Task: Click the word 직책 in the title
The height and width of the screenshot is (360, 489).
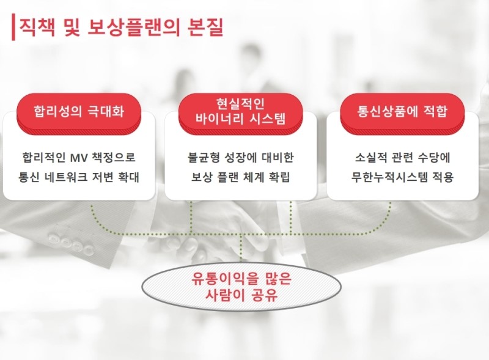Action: click(x=37, y=28)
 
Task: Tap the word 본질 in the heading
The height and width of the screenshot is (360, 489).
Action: click(x=205, y=28)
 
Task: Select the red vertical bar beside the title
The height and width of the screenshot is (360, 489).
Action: click(x=13, y=27)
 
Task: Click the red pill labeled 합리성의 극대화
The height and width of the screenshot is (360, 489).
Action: click(x=79, y=114)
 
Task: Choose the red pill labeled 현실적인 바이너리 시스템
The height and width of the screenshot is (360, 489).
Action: click(x=240, y=114)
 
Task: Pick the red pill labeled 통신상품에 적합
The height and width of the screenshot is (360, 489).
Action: click(x=402, y=114)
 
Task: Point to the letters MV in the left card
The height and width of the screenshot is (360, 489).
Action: click(x=79, y=158)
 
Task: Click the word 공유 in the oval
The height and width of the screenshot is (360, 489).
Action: click(x=265, y=295)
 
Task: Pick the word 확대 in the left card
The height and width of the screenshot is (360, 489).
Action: click(x=128, y=177)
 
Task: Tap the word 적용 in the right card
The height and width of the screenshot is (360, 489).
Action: click(x=443, y=177)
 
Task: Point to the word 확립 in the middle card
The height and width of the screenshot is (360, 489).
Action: click(x=279, y=177)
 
